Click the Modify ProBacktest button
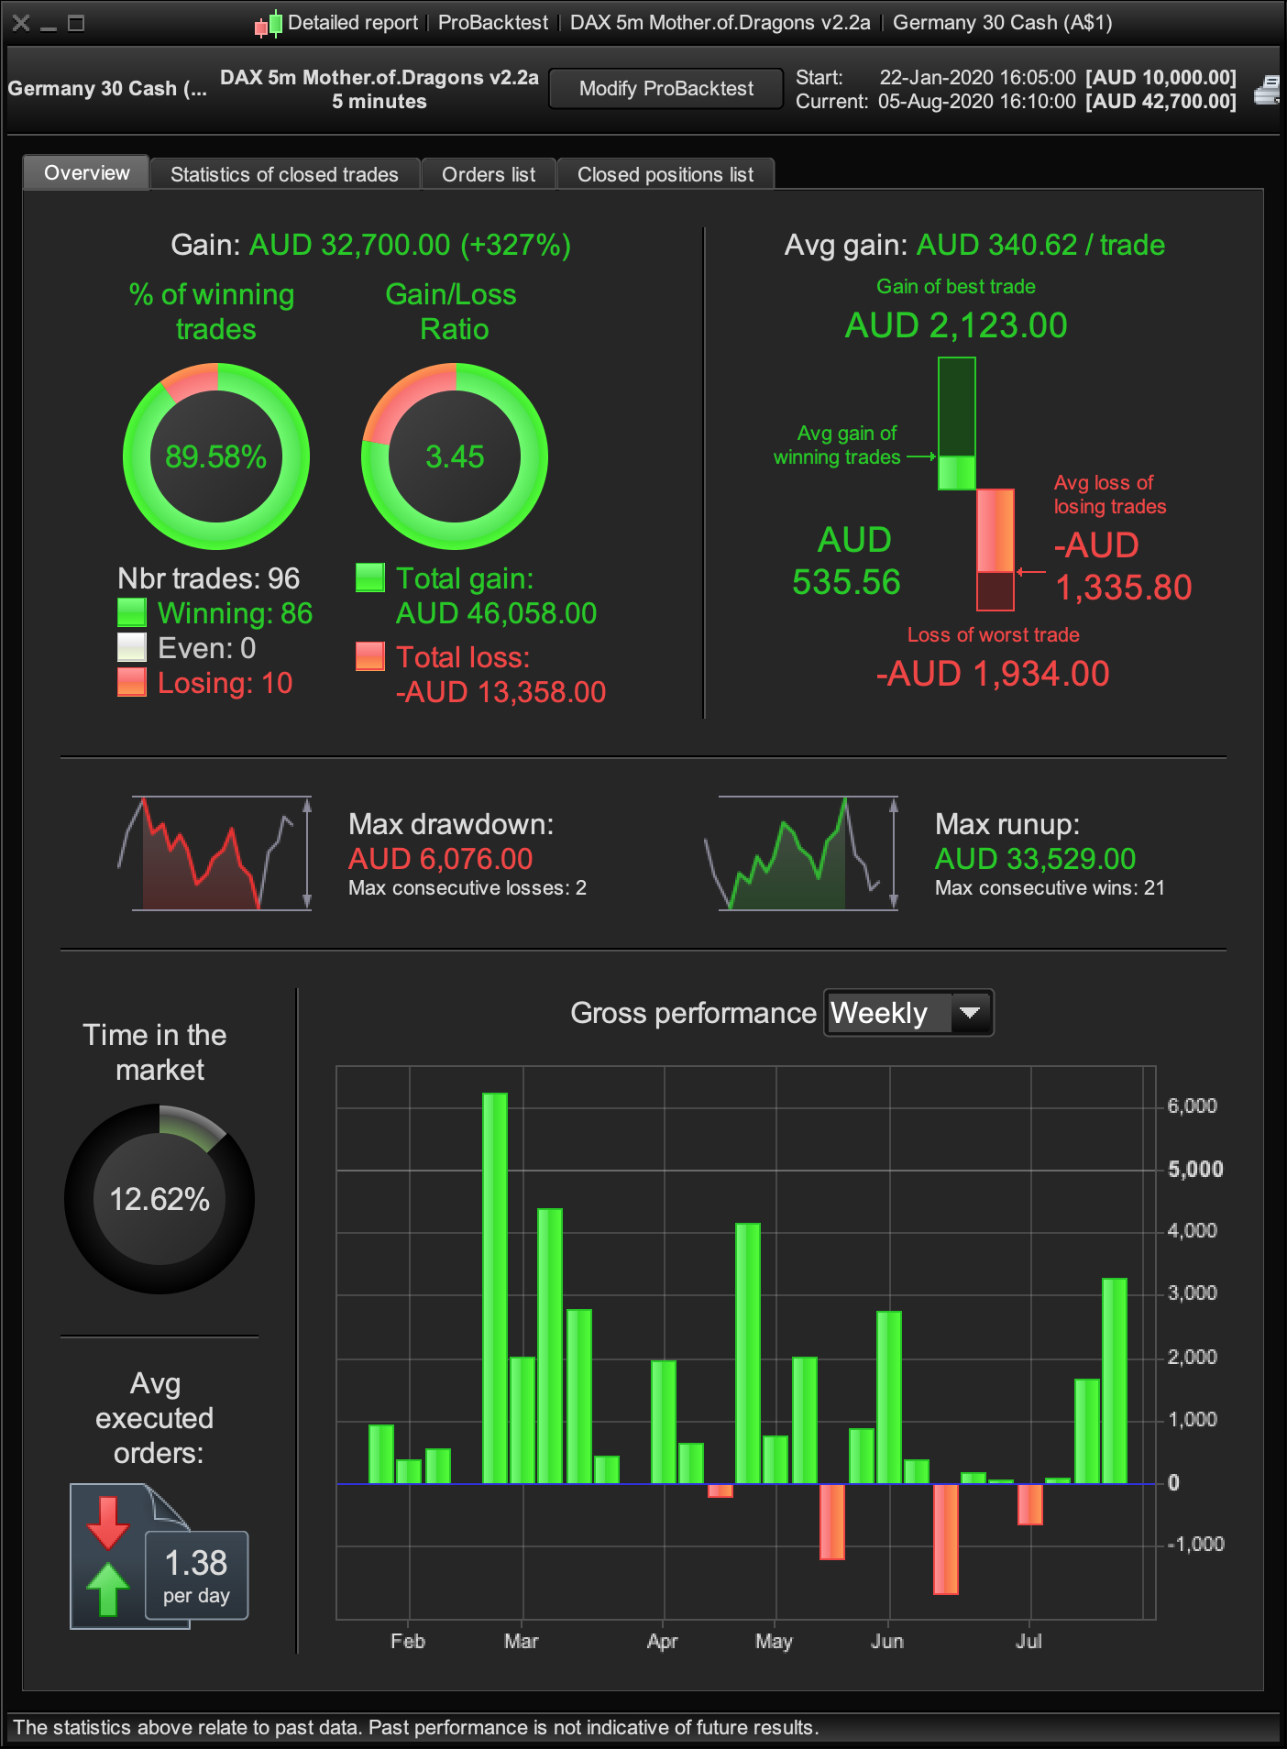(x=665, y=89)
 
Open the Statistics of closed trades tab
(x=284, y=174)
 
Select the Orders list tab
(x=489, y=174)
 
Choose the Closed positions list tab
(x=665, y=174)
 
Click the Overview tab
(x=87, y=173)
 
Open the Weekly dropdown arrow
(x=970, y=1013)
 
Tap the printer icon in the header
(x=1268, y=90)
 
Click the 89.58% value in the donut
(x=215, y=456)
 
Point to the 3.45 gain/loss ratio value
(x=455, y=456)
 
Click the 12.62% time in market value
(x=159, y=1199)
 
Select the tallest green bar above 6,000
(x=495, y=1283)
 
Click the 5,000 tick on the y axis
(x=1195, y=1170)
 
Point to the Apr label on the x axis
(x=662, y=1641)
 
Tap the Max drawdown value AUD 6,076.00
(x=440, y=859)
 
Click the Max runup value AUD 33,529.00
(x=1035, y=859)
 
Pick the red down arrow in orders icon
(x=107, y=1521)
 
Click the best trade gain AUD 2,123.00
(x=956, y=325)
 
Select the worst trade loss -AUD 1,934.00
(x=993, y=674)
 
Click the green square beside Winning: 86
(x=132, y=612)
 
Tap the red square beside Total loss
(x=370, y=656)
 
